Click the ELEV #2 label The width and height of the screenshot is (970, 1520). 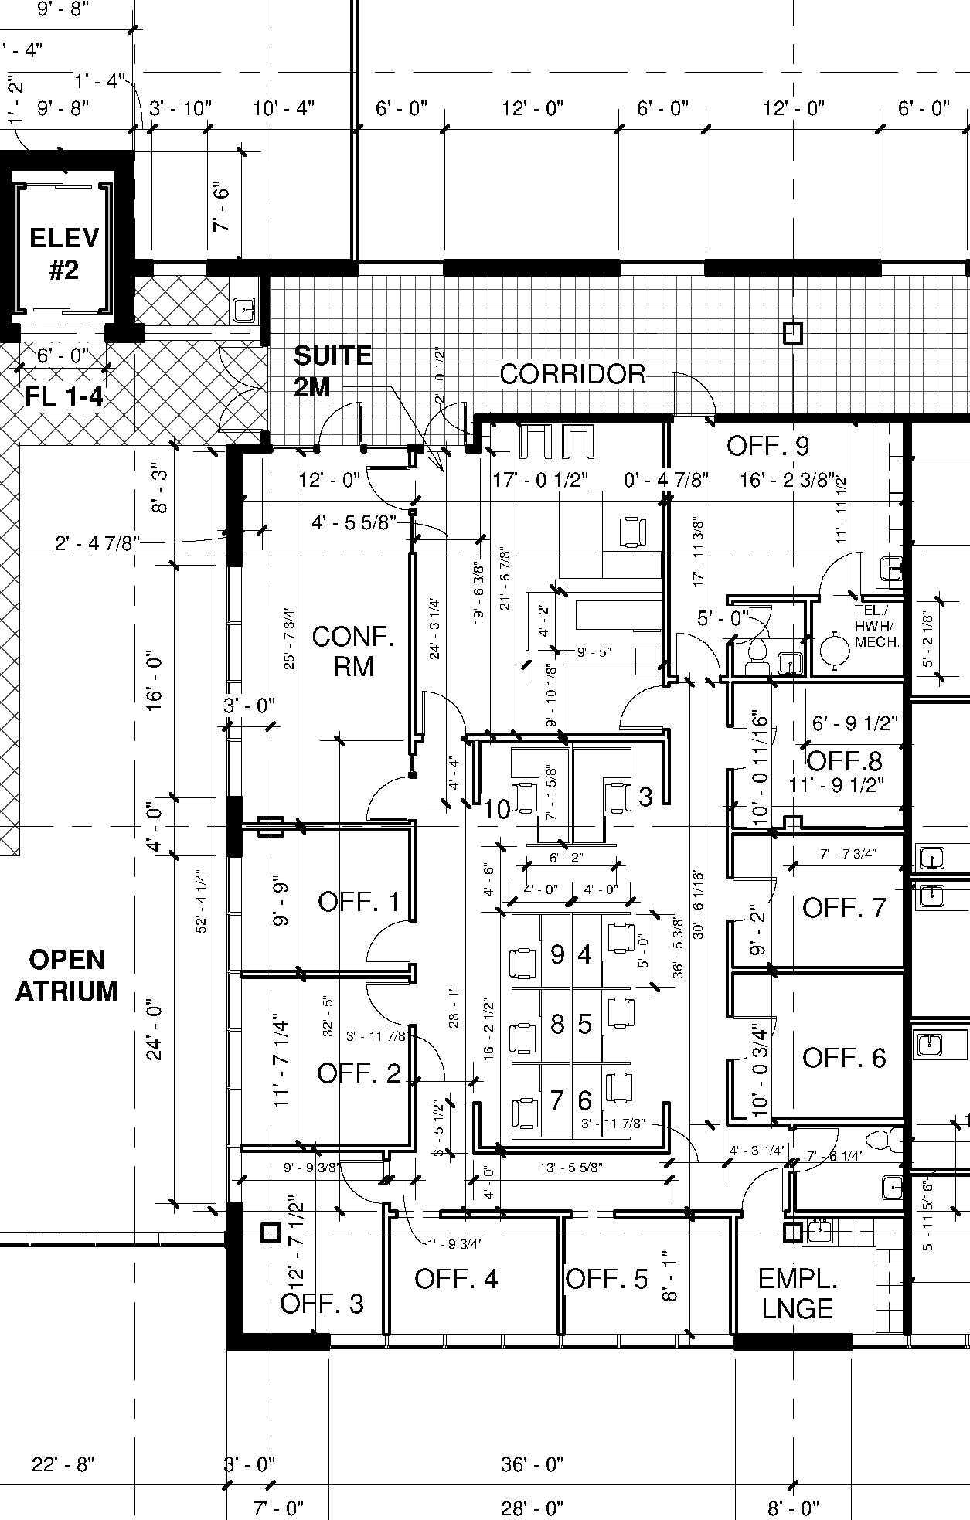(x=64, y=253)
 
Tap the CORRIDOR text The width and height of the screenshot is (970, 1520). (x=573, y=374)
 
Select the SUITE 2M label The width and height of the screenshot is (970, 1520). (x=332, y=371)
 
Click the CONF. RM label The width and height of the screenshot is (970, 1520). (x=353, y=651)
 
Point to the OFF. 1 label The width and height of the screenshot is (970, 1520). (x=359, y=901)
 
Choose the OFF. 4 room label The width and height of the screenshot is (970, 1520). (x=456, y=1279)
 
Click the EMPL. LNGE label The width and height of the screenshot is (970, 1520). (x=797, y=1294)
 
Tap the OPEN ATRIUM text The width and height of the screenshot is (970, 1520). (x=67, y=975)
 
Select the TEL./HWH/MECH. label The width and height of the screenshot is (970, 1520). (x=876, y=626)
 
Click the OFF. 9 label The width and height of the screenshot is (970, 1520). (x=767, y=446)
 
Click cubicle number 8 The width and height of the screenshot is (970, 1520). (x=557, y=1024)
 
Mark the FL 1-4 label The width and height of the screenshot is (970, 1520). (x=64, y=397)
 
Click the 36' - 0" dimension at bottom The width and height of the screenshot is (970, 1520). (x=532, y=1464)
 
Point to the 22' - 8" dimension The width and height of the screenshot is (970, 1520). (x=63, y=1464)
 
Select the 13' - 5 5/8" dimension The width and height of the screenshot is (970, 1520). (x=570, y=1168)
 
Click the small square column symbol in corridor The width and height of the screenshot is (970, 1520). (x=792, y=333)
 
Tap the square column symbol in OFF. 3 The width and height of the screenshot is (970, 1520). (x=269, y=1233)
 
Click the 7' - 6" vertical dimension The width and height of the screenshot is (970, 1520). (x=222, y=207)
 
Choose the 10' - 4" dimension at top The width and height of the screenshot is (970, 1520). (x=284, y=108)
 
